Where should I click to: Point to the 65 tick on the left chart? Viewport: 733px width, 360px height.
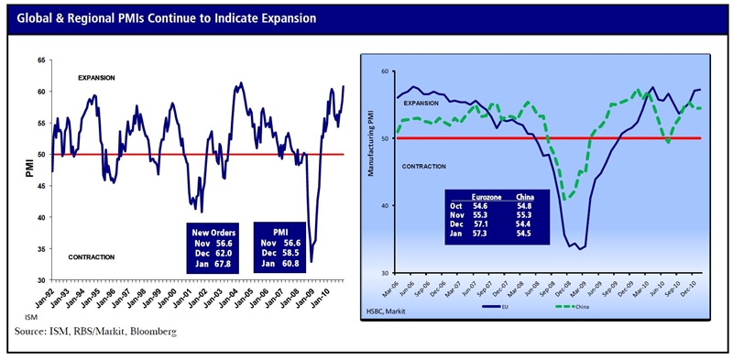40,60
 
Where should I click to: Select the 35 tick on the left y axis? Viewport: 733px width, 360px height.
40,248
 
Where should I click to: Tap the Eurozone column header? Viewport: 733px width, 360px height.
485,196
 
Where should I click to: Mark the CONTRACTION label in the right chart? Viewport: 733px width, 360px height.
423,166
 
